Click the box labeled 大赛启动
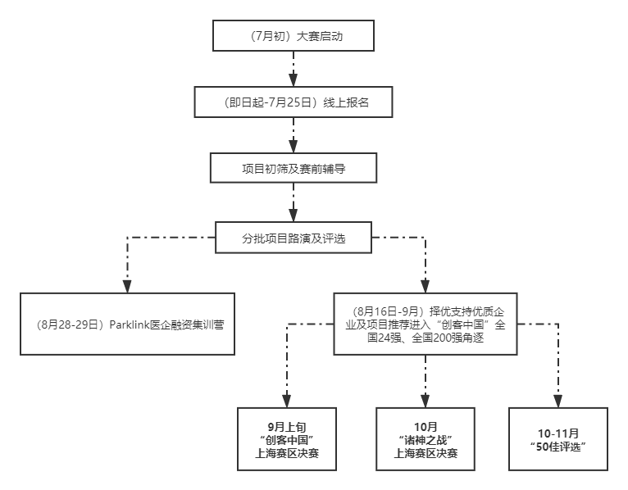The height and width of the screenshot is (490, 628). tap(294, 35)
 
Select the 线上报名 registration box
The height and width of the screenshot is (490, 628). tap(294, 102)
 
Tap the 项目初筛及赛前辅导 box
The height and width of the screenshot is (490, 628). tap(294, 168)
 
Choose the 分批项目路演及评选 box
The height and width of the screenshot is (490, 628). tap(294, 238)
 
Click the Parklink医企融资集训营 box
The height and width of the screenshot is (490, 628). tap(127, 324)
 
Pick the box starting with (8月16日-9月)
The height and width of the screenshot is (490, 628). tap(425, 324)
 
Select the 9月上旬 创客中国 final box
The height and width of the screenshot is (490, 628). tap(287, 439)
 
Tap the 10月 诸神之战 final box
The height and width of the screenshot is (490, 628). tap(425, 439)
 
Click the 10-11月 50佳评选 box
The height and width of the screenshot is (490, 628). tap(558, 439)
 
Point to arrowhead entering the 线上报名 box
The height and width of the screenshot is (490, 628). tap(294, 80)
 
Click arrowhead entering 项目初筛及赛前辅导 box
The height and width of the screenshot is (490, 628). tap(294, 146)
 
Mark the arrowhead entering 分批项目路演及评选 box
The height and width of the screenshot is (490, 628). tap(294, 216)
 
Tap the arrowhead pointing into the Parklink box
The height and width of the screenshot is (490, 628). tap(127, 286)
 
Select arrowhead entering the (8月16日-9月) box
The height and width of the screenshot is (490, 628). tap(425, 286)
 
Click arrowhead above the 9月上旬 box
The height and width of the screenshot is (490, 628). tap(287, 402)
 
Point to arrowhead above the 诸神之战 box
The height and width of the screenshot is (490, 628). tap(425, 402)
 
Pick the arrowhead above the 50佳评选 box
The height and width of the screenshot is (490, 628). tap(558, 402)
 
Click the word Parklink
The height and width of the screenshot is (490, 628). tap(130, 324)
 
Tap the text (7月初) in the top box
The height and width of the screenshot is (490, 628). tap(269, 36)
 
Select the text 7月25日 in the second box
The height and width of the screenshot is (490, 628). tap(289, 102)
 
